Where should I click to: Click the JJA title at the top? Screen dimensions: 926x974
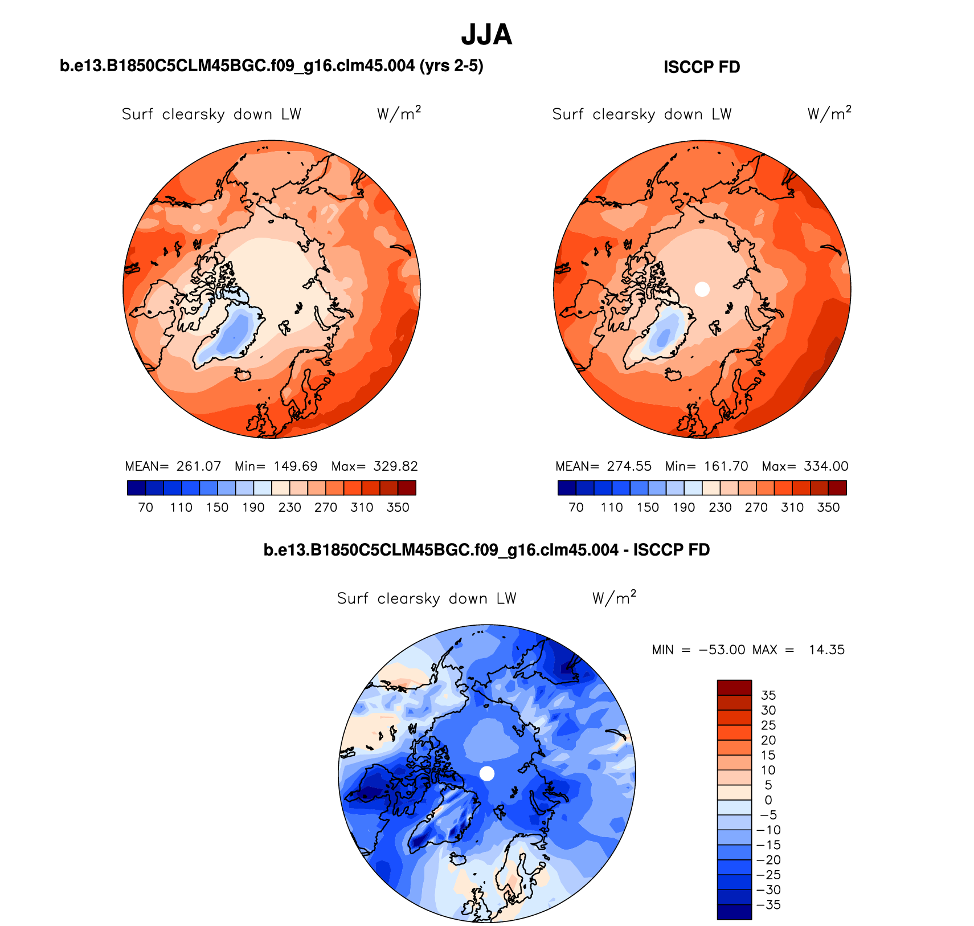tap(486, 35)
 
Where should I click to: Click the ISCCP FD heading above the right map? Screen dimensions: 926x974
tap(701, 67)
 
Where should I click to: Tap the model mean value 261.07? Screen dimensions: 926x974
tap(198, 466)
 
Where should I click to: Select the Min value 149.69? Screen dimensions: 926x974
tap(295, 466)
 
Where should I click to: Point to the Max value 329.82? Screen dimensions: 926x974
tap(395, 466)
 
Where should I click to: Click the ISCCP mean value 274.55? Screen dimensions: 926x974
tap(629, 466)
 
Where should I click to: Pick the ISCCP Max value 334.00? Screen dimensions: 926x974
tap(826, 466)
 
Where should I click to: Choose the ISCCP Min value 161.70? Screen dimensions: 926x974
tap(726, 466)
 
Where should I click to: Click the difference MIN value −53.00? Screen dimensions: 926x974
tap(722, 650)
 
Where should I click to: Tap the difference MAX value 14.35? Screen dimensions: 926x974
tap(826, 650)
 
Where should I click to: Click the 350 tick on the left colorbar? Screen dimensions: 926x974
tap(398, 507)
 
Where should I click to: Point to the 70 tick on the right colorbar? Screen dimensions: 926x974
tap(576, 507)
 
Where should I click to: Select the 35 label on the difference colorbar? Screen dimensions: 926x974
tap(768, 695)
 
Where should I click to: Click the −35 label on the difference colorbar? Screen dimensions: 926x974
tap(768, 905)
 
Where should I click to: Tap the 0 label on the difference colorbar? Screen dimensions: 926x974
tap(768, 800)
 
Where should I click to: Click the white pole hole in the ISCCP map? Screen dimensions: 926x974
tap(702, 289)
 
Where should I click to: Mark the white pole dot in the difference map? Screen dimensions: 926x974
tap(487, 773)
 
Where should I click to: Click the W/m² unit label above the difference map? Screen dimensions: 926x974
tap(613, 598)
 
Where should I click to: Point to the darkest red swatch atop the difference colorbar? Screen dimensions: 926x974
tap(734, 687)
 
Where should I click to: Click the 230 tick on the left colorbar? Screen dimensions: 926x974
tap(289, 507)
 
